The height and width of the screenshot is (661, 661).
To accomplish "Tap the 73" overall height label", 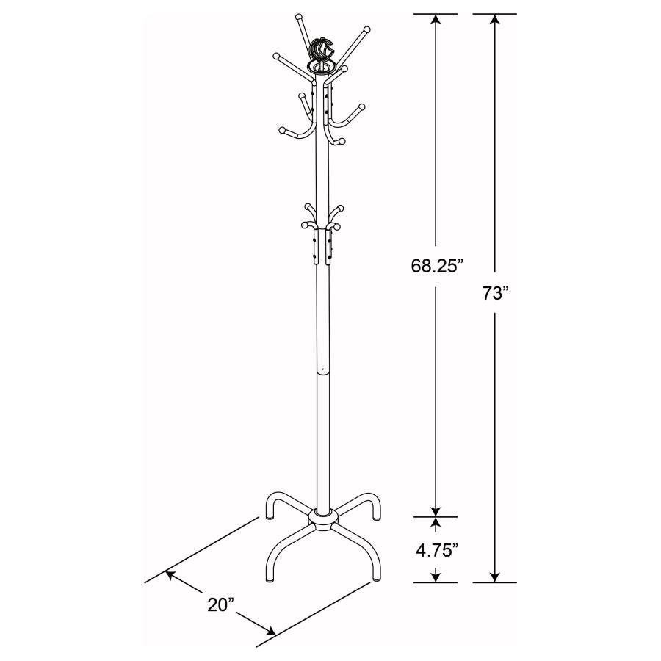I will pyautogui.click(x=496, y=294).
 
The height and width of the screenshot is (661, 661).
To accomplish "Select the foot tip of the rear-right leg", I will pyautogui.click(x=378, y=516).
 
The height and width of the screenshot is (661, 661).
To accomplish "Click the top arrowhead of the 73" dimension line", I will pyautogui.click(x=495, y=19).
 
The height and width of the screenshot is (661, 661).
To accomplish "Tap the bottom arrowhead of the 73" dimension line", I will pyautogui.click(x=495, y=577).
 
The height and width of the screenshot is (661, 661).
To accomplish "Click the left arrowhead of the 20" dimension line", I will pyautogui.click(x=170, y=575).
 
